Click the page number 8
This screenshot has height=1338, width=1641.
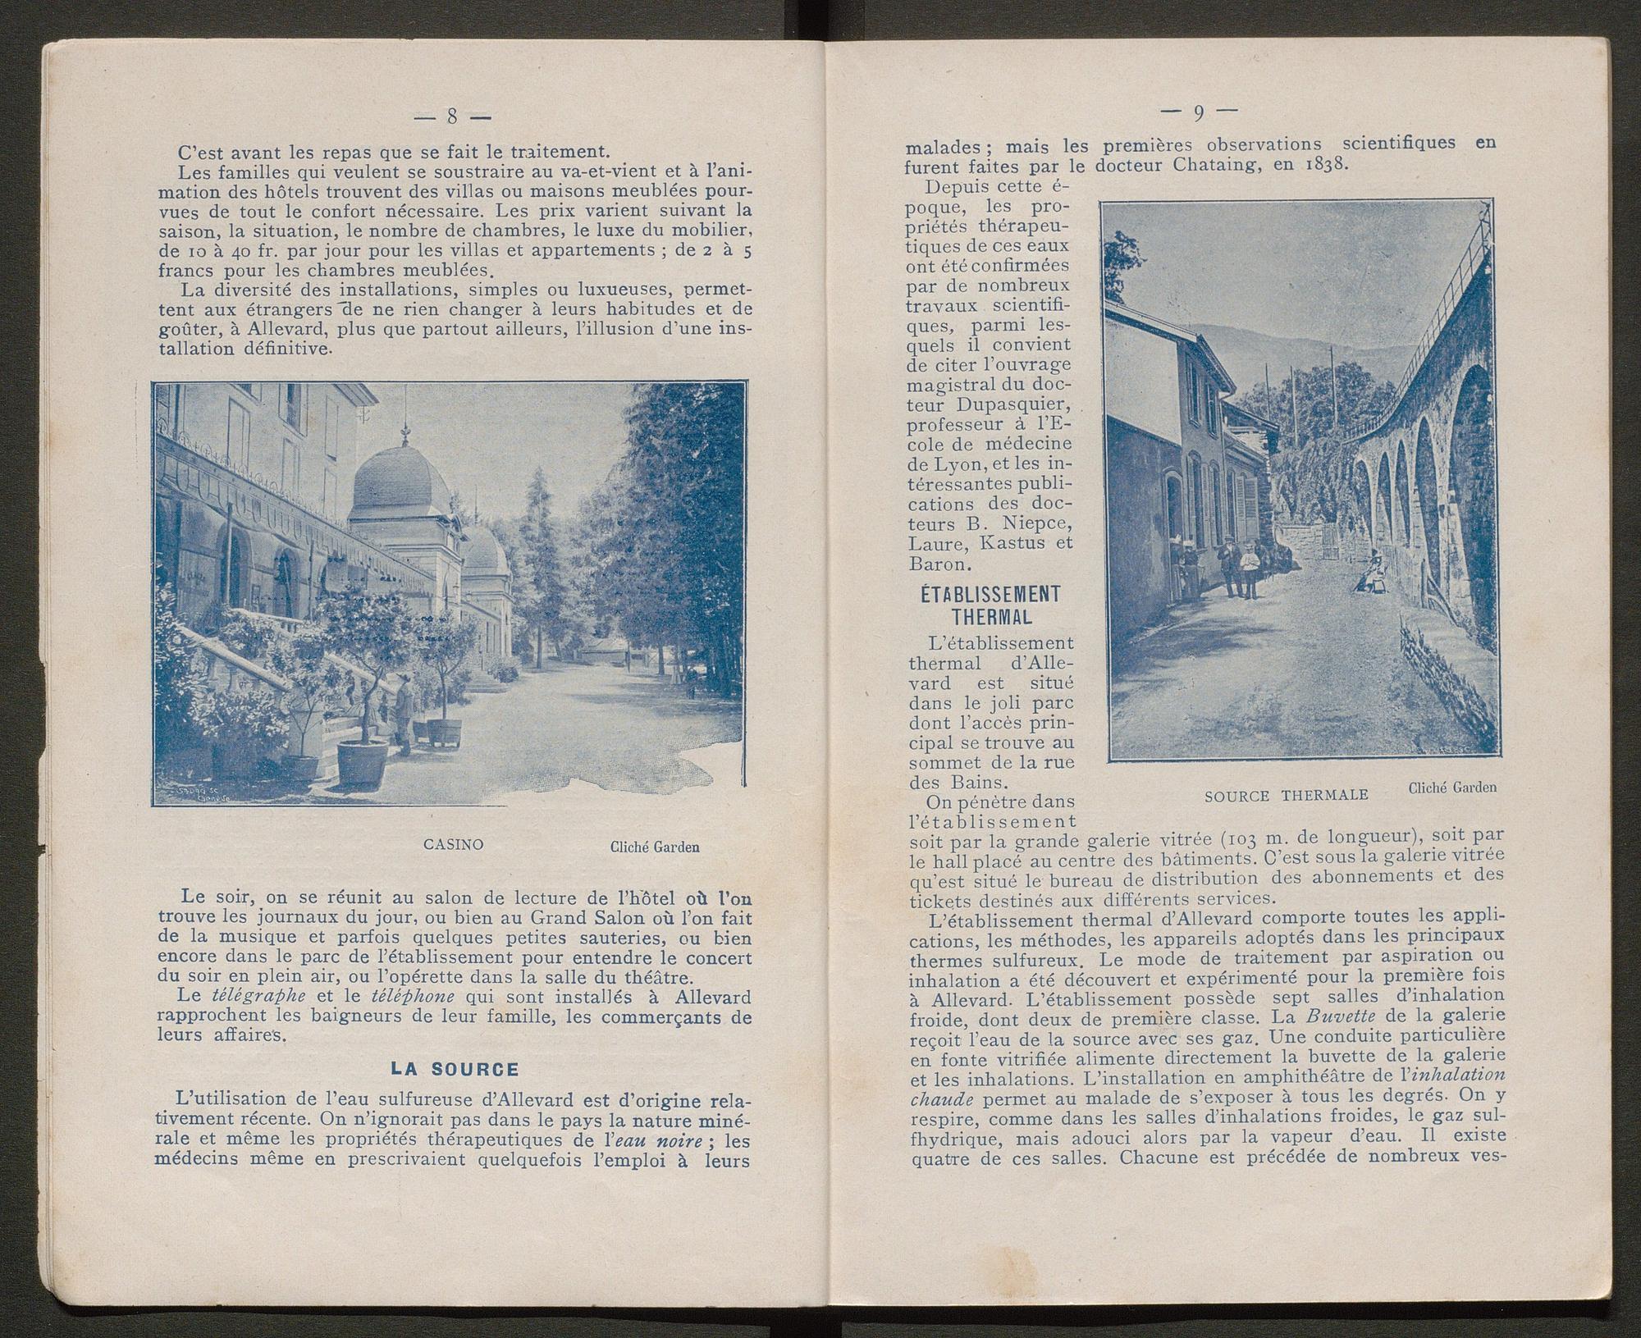pos(451,116)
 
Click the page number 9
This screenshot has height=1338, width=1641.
pos(1199,112)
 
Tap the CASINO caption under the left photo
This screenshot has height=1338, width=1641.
pos(453,843)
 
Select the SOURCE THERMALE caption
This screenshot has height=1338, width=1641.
pos(1287,795)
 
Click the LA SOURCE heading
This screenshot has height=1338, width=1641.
pos(455,1069)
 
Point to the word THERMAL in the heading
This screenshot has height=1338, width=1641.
pos(991,615)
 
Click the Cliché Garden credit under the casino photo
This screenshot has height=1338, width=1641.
pos(655,847)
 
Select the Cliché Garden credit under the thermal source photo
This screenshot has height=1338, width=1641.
pos(1451,788)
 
